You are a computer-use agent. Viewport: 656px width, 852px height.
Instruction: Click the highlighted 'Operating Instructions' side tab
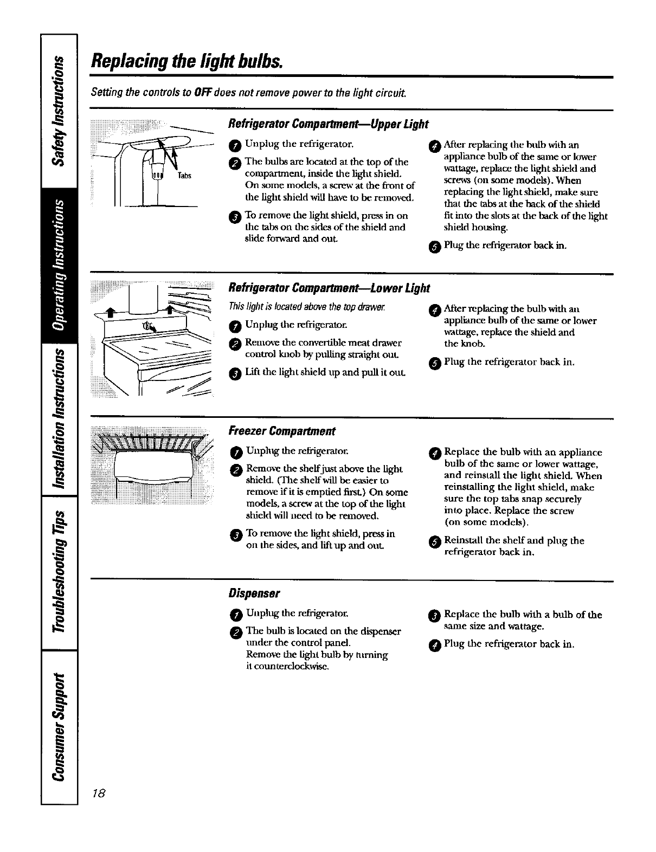point(60,266)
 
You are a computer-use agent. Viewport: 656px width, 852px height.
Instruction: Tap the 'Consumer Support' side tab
point(60,726)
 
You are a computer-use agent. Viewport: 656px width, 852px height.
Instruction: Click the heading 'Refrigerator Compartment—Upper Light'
point(329,124)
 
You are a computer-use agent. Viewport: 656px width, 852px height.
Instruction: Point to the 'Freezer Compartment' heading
point(282,431)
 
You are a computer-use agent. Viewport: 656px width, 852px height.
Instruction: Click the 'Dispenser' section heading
point(254,593)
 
